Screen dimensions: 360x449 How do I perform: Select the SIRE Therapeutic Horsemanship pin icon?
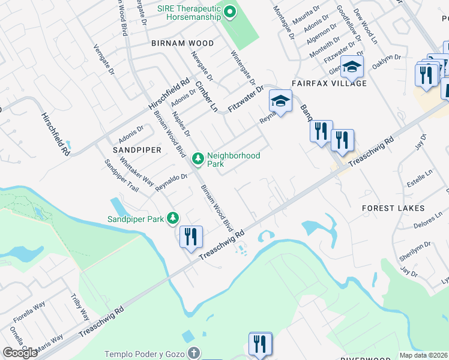[x=228, y=12]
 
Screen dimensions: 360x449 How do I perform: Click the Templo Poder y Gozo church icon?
[x=193, y=353]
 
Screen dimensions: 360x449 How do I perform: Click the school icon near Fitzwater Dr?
[x=280, y=100]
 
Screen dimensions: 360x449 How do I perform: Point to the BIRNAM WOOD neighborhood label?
[x=182, y=43]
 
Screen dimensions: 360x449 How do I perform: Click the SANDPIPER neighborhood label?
[x=137, y=149]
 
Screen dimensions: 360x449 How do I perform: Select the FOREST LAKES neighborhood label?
[x=393, y=208]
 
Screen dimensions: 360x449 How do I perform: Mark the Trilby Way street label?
[x=80, y=307]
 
